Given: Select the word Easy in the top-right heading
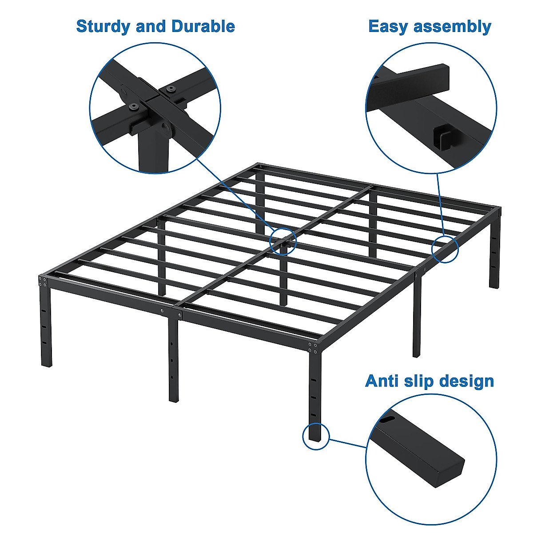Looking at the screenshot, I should click(388, 27).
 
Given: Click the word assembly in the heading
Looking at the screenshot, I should click(452, 27).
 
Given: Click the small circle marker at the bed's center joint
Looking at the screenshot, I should click(283, 241).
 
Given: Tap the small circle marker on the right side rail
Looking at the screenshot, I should click(445, 249).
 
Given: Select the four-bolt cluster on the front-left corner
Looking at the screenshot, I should click(43, 281).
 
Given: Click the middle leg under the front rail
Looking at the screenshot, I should click(174, 360).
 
